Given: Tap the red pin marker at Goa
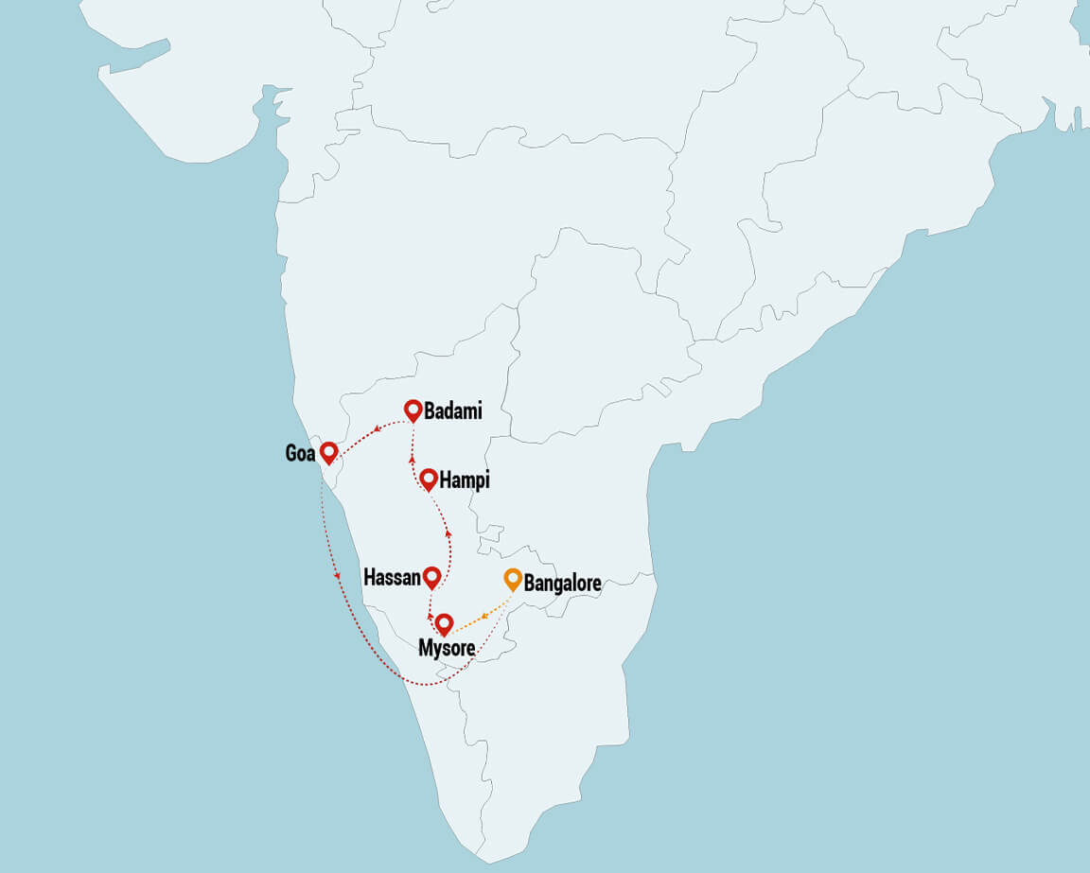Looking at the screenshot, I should click(328, 451).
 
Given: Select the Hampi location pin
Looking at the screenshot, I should click(429, 479).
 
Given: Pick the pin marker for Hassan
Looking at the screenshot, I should click(432, 576).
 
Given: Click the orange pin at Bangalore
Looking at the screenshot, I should click(513, 578).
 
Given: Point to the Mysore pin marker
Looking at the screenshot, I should click(443, 623).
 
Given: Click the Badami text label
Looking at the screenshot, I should click(453, 411).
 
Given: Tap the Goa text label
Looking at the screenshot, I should click(300, 454).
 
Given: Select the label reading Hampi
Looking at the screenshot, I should click(465, 481).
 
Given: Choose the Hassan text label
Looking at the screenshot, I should click(392, 578).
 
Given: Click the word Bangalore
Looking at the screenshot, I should click(562, 584).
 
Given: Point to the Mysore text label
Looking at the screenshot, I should click(447, 648).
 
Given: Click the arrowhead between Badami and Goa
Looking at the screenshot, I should click(378, 428).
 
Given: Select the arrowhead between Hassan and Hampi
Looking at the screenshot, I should click(448, 534).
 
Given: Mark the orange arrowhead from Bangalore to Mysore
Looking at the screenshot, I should click(483, 615).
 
